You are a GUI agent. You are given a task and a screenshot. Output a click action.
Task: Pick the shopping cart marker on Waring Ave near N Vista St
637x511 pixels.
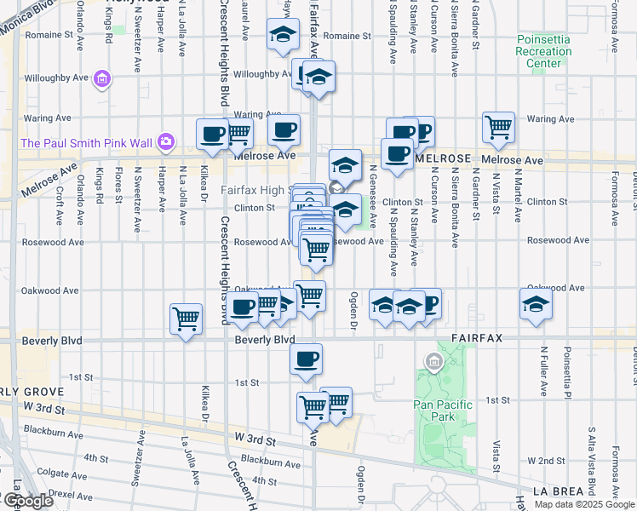498,128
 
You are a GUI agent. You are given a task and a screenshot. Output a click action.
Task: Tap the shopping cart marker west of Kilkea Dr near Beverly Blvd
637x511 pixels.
186,319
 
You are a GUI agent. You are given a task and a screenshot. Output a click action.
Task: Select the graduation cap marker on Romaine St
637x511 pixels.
283,35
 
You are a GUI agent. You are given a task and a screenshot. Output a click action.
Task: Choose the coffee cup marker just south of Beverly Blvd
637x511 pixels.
306,359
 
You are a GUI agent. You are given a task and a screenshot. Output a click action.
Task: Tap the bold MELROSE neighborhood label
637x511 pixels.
442,159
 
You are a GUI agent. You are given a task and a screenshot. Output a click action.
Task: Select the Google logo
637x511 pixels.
27,502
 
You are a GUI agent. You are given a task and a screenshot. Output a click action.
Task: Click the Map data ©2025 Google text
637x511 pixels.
583,504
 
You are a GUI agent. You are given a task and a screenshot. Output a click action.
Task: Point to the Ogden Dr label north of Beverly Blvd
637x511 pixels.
353,310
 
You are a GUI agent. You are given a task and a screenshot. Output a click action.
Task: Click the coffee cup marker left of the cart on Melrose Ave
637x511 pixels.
212,133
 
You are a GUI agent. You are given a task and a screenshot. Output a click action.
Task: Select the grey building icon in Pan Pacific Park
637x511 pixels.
433,365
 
